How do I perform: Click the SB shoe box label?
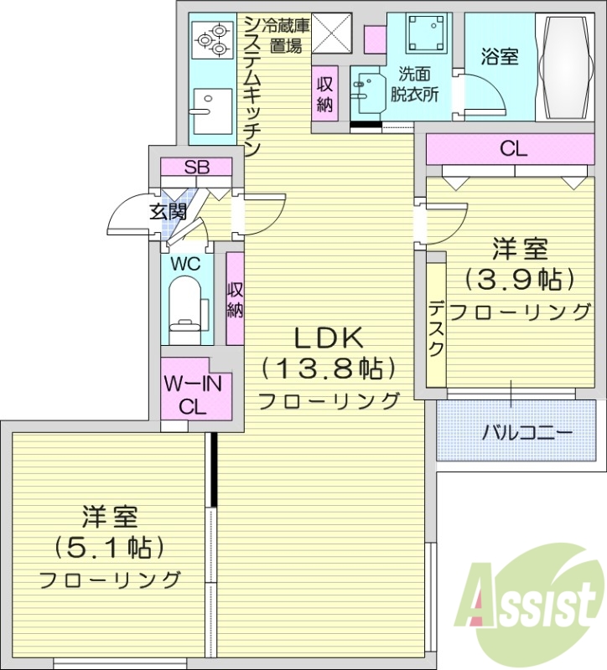(197, 166)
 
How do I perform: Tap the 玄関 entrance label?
(168, 212)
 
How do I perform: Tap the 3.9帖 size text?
(520, 278)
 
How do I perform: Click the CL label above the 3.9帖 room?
(513, 150)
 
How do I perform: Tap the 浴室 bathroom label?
(500, 57)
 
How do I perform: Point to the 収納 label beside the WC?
(235, 299)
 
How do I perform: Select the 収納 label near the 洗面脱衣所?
(325, 94)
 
